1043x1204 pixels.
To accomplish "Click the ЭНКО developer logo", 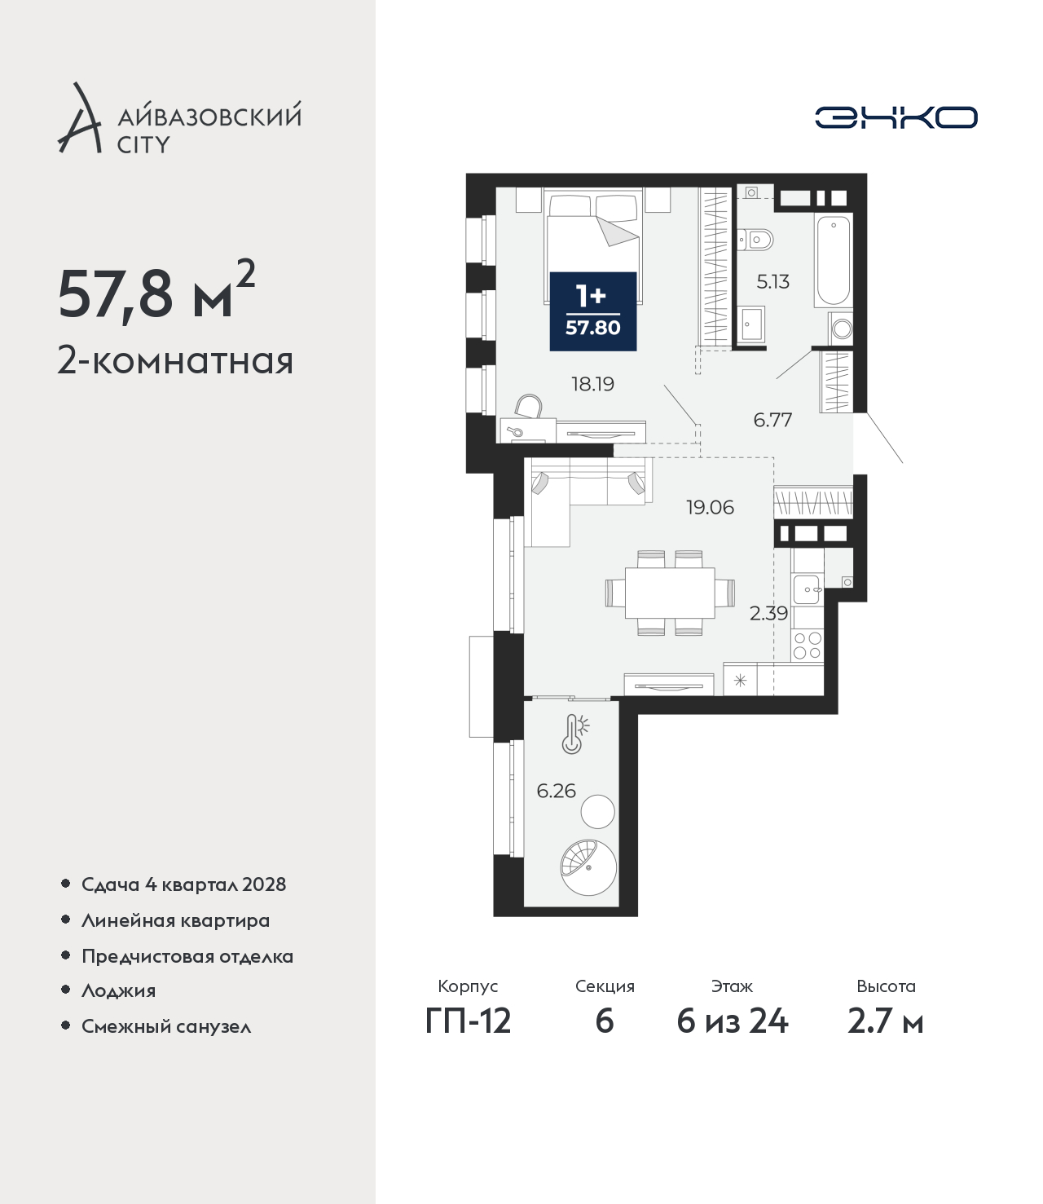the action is pos(896,117).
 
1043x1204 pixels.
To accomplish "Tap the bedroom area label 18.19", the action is pos(593,385).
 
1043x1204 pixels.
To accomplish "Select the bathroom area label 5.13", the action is pos(772,282).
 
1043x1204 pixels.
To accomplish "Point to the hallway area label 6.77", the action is pos(772,420).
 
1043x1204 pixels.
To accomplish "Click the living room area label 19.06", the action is pos(710,507).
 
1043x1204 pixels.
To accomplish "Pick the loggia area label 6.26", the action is pos(557,791).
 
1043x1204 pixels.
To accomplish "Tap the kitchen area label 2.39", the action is pos(768,613).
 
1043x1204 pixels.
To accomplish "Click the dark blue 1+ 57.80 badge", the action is pos(593,311).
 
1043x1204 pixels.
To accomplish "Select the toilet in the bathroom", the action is pos(755,240).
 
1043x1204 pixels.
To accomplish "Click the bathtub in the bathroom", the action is pos(834,260).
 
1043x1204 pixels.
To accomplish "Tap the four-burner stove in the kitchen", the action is pos(808,645).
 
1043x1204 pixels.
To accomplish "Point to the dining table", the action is pos(670,593).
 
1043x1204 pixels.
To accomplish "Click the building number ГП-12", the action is pos(469,1021).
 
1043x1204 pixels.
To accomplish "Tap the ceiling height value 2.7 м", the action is pos(885,1021).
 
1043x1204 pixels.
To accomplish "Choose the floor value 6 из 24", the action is pos(732,1021).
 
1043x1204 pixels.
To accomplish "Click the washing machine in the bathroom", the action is pos(840,329).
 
